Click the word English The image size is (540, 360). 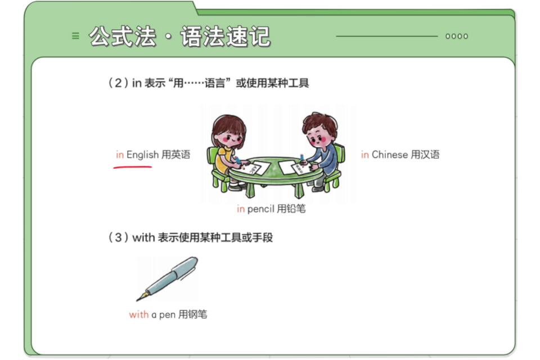[142, 155]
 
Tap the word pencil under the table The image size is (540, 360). [260, 209]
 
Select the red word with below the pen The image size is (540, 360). [139, 314]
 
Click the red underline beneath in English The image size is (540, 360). [133, 167]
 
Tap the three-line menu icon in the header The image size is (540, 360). [75, 36]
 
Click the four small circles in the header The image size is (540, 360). [457, 36]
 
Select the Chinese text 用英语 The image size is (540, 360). [176, 154]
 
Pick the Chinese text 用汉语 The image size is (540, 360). [425, 154]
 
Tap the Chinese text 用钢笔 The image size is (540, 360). [193, 314]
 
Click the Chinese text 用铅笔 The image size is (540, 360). [291, 209]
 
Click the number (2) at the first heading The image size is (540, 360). [119, 83]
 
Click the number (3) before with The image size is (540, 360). [119, 237]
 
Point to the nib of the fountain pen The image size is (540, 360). [142, 296]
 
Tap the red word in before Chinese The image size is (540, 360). [364, 154]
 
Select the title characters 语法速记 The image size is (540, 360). [225, 36]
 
